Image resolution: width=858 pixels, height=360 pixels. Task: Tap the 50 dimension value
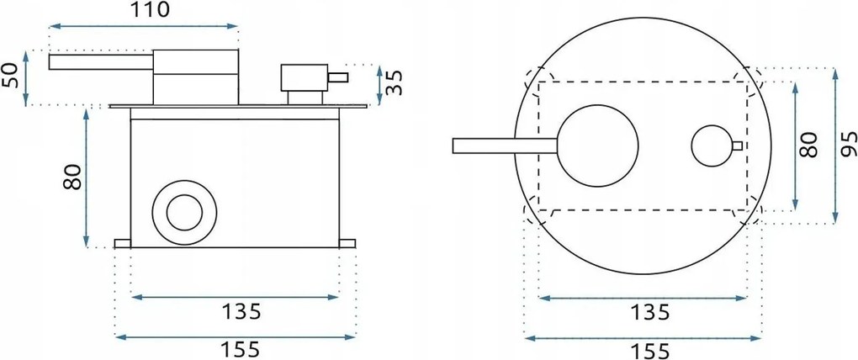[x=12, y=76]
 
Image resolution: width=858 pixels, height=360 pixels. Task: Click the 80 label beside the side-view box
[x=73, y=177]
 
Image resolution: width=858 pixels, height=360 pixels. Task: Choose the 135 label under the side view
[x=241, y=311]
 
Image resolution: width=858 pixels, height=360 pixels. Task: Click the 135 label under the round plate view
[x=649, y=312]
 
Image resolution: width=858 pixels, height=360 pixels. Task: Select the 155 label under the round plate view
[x=649, y=351]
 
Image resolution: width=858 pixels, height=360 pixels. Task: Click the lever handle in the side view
[x=101, y=62]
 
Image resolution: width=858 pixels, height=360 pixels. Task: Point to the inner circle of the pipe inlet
[x=184, y=212]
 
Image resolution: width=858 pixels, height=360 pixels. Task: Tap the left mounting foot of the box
[x=123, y=243]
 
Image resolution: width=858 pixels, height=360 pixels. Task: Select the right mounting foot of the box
[x=347, y=243]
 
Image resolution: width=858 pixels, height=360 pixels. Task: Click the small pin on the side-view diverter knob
[x=337, y=77]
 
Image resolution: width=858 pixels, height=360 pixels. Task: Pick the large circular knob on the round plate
[x=598, y=145]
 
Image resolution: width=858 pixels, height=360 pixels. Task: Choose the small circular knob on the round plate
[x=712, y=146]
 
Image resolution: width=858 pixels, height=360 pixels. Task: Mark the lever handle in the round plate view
[x=505, y=146]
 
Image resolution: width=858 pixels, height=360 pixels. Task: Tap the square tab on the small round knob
[x=738, y=146]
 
